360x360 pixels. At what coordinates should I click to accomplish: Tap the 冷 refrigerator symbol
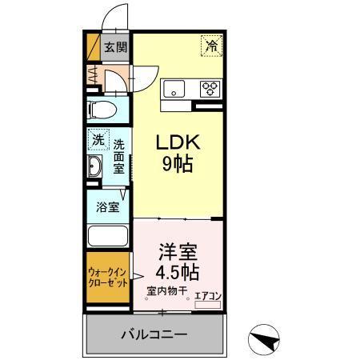[x=211, y=46]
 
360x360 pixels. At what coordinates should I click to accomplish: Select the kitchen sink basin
[x=174, y=87]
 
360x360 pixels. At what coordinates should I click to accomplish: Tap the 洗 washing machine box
[x=97, y=138]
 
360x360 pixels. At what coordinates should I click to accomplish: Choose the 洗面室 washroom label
[x=118, y=158]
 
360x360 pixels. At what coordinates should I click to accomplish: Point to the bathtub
[x=108, y=238]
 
